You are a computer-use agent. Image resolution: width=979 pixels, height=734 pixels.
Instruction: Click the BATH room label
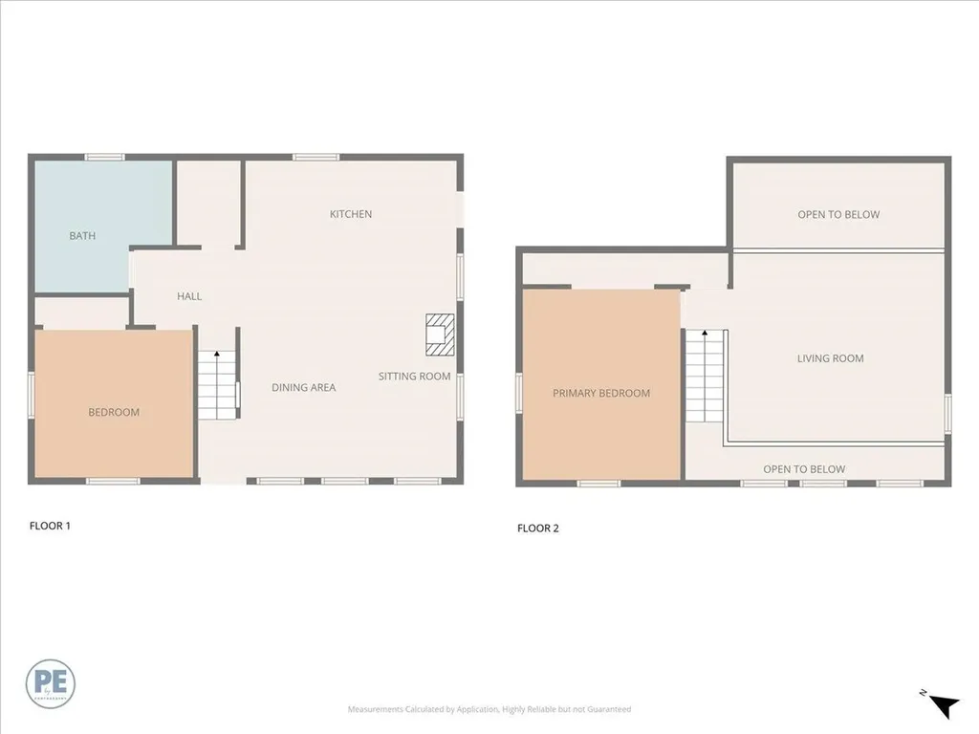coord(82,236)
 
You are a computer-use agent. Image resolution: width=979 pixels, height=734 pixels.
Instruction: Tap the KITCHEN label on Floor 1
coord(351,214)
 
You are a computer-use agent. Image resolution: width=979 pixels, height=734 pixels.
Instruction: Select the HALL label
coord(189,296)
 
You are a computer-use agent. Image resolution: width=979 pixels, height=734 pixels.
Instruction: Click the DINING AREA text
coord(303,387)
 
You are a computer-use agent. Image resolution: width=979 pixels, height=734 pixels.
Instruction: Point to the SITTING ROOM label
coord(414,377)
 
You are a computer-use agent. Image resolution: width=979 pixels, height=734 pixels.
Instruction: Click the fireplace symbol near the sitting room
coord(439,330)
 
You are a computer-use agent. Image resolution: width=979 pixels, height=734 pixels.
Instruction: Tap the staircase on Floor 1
coord(218,385)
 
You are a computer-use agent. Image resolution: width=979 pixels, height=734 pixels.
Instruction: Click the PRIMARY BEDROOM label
coord(601,393)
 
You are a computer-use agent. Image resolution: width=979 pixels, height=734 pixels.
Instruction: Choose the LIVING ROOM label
coord(830,358)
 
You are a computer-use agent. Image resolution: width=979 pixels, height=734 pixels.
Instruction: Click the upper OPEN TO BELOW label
coord(838,215)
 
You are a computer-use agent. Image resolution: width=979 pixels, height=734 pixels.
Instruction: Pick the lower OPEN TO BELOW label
coord(804,469)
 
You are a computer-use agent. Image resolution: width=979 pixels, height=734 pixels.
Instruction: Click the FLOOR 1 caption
coord(50,525)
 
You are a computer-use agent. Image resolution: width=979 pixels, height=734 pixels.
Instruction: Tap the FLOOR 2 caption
coord(538,528)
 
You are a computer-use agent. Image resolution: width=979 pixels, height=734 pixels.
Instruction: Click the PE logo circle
coord(51,683)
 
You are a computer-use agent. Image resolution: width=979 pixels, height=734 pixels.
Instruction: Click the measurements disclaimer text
coord(489,709)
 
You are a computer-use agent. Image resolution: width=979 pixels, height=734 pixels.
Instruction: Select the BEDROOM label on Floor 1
coord(114,412)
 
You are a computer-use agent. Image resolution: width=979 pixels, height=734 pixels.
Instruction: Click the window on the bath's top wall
coord(104,157)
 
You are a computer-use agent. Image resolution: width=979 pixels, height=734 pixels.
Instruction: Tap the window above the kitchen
coord(315,157)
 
